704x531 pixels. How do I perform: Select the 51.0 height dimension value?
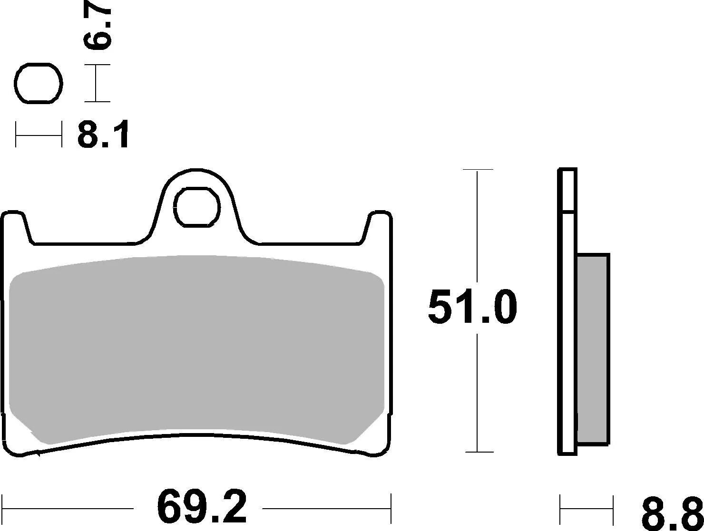(x=472, y=308)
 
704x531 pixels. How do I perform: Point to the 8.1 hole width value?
(x=103, y=135)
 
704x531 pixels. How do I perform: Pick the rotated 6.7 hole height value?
(x=98, y=29)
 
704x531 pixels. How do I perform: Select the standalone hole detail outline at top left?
(x=39, y=83)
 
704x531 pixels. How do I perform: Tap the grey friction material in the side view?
(x=593, y=349)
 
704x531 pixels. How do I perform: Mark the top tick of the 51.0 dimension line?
(x=478, y=169)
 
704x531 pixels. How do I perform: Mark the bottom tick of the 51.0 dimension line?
(x=478, y=452)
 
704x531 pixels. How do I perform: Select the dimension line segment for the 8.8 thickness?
(x=586, y=510)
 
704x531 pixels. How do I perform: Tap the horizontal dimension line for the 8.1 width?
(x=39, y=135)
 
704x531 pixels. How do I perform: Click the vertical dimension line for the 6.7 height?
(x=97, y=83)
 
